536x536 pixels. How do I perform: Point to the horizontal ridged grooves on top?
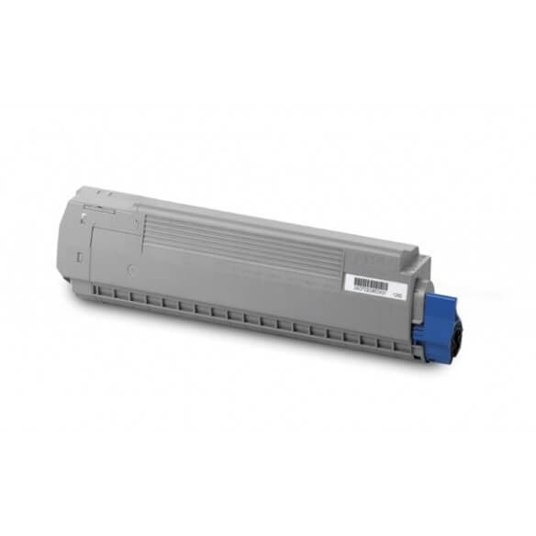click(229, 235)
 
